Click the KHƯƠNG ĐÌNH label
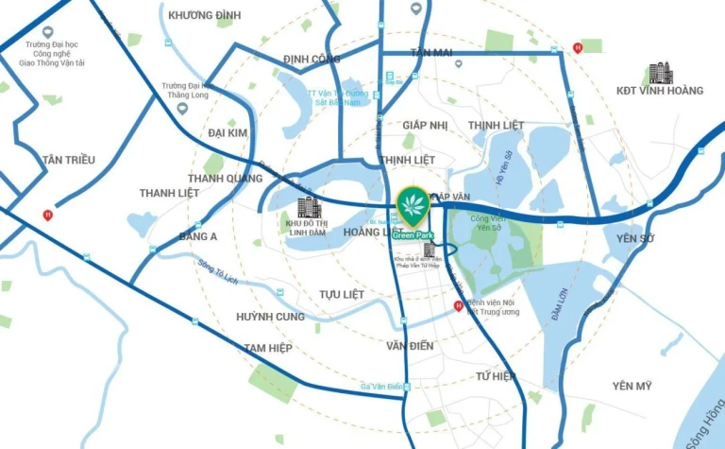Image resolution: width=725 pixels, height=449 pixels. pyautogui.click(x=204, y=15)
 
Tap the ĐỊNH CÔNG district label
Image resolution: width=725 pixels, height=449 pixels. pyautogui.click(x=312, y=59)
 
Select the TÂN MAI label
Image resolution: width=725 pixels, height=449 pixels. pyautogui.click(x=431, y=53)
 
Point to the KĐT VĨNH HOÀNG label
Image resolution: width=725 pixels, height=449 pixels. pyautogui.click(x=660, y=91)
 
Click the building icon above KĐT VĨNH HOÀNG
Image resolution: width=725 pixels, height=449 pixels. pyautogui.click(x=660, y=73)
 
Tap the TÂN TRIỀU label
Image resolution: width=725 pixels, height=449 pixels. pyautogui.click(x=69, y=160)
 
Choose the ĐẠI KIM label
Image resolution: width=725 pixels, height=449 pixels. pyautogui.click(x=228, y=133)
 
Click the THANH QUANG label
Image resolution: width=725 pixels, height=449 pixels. pyautogui.click(x=225, y=178)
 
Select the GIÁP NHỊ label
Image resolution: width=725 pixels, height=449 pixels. pyautogui.click(x=425, y=125)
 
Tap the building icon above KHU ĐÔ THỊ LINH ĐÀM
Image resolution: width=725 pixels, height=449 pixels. pyautogui.click(x=309, y=208)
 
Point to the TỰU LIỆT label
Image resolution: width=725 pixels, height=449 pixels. pyautogui.click(x=341, y=295)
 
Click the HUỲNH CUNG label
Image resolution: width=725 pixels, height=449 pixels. pyautogui.click(x=271, y=317)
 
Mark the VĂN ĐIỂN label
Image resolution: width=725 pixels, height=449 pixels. pyautogui.click(x=410, y=346)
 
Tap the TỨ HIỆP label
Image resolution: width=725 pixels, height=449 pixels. pyautogui.click(x=497, y=376)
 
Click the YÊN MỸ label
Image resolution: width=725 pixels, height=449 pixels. pyautogui.click(x=632, y=386)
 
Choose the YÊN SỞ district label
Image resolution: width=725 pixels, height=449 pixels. pyautogui.click(x=633, y=238)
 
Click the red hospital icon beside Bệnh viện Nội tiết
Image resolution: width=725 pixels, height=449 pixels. pyautogui.click(x=459, y=305)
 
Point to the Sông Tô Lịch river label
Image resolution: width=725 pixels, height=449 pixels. pyautogui.click(x=216, y=270)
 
